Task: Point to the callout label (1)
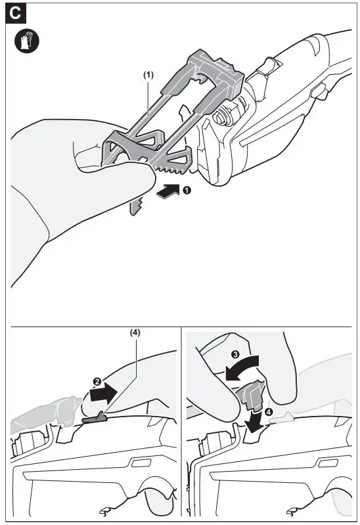pyautogui.click(x=148, y=75)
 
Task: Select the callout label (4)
pyautogui.click(x=137, y=332)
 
